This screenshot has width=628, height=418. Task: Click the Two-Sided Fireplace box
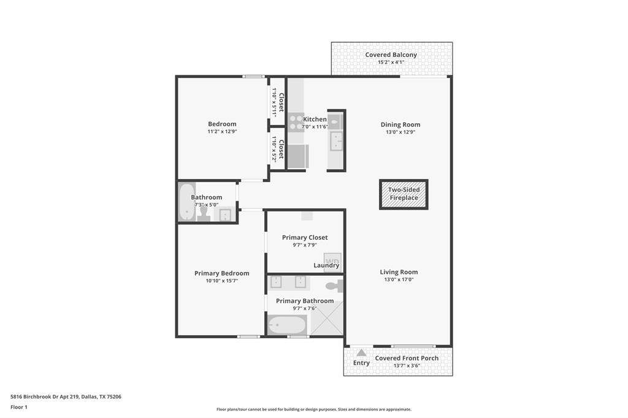point(404,194)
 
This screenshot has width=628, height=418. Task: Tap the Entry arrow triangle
point(361,353)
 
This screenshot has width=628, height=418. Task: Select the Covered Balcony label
point(391,55)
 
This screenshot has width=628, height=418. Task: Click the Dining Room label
point(400,124)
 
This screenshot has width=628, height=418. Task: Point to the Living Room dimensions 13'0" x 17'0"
point(399,279)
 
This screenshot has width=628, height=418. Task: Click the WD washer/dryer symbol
point(332,261)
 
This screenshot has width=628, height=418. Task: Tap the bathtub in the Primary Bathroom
point(287,325)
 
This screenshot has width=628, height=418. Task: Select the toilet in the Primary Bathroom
point(334,286)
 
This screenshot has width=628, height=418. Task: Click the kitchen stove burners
point(296,123)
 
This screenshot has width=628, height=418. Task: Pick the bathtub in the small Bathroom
point(186,202)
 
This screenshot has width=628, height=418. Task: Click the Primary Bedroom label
point(222,273)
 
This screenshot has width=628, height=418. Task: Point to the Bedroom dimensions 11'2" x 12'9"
point(222,131)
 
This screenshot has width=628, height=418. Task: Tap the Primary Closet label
point(305,237)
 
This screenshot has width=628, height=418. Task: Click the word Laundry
point(326,265)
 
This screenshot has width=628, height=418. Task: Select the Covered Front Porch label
point(407,358)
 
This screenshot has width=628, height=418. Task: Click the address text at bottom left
point(66,397)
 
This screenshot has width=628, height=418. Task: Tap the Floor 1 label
point(19,407)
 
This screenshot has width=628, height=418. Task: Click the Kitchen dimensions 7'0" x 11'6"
point(315,127)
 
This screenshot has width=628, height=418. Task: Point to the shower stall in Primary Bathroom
point(327,318)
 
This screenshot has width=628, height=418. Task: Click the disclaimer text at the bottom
point(314,409)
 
